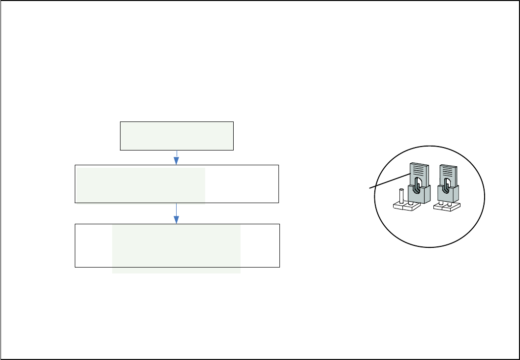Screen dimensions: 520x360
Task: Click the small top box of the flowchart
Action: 177,135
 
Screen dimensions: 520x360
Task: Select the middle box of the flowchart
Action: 177,184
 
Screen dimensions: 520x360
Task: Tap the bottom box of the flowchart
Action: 177,245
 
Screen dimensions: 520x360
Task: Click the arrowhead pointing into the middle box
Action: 177,161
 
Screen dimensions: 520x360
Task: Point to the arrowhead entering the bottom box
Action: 177,219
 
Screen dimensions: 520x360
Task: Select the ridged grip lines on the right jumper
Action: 447,171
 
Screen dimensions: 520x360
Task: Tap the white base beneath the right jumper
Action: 446,208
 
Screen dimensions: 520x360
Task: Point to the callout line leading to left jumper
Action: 389,181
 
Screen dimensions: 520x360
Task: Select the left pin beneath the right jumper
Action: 441,203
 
